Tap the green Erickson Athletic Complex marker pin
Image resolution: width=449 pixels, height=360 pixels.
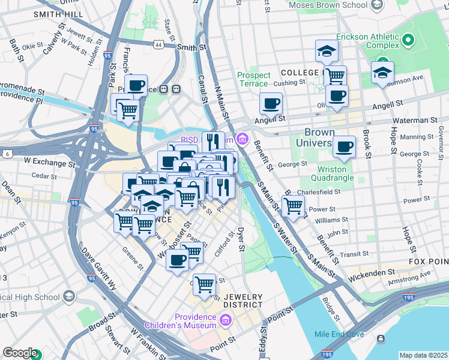409,41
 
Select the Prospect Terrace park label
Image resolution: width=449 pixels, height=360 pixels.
254,79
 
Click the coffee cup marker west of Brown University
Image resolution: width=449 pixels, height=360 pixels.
271,104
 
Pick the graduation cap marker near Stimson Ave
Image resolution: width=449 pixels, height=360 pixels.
382,73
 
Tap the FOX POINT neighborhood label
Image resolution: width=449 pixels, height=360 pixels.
428,262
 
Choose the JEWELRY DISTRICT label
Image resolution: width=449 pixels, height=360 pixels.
243,301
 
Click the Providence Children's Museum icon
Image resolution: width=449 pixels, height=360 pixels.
225,321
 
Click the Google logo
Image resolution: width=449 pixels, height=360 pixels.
19,353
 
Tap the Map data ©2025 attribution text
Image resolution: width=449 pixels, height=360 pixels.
423,355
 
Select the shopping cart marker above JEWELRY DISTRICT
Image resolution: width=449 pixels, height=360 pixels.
205,284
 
